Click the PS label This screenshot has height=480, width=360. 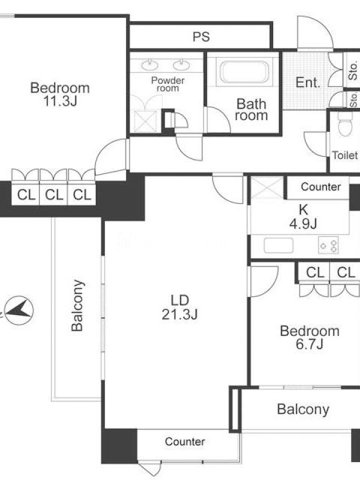coord(201,37)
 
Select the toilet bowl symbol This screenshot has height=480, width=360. coord(346,124)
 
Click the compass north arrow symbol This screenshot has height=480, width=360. coord(20,310)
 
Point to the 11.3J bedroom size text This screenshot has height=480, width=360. coord(60,101)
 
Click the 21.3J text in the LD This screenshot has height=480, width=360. coord(179,314)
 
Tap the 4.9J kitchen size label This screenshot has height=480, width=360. coord(303,223)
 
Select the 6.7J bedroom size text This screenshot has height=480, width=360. coord(310,344)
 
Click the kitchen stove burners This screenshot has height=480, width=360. coord(328,245)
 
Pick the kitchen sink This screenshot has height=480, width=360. coord(278,245)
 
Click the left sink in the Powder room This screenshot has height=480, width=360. coord(149,65)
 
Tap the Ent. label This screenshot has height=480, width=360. coord(308,82)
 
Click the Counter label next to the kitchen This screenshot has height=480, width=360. coord(321,187)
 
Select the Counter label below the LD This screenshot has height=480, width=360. coord(185,442)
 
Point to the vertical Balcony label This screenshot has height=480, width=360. coord(77,305)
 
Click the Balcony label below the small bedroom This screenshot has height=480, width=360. coord(303,409)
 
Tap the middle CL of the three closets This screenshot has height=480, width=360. coord(54,194)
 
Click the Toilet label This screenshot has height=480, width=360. coord(345,155)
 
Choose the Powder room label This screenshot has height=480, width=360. coord(168,84)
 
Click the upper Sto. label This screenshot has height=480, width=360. coord(353,71)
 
